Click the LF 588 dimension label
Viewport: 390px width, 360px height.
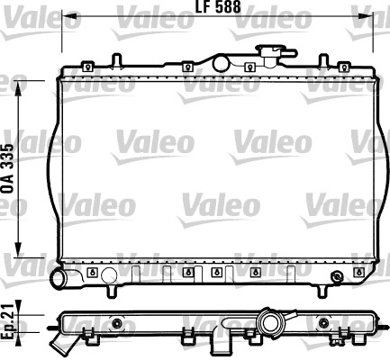[x=218, y=6]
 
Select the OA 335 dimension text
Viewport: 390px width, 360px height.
[x=9, y=169]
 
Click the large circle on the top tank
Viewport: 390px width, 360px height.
[x=221, y=63]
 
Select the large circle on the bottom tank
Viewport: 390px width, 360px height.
[x=109, y=275]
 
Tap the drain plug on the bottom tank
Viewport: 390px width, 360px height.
[x=336, y=276]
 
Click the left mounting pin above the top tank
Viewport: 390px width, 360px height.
[x=116, y=60]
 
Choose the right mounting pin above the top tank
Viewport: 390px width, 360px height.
[x=323, y=60]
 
